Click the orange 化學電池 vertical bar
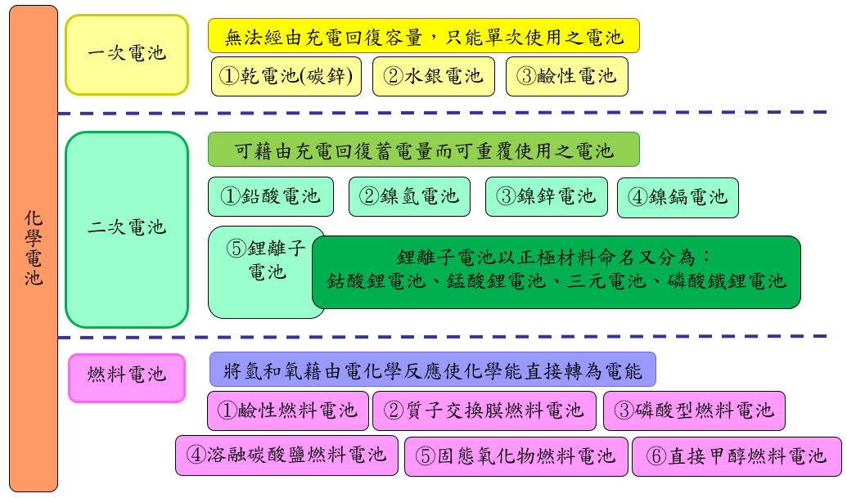tap(34, 249)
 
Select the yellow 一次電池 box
tap(127, 55)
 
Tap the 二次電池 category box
tap(127, 229)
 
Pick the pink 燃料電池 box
tap(127, 378)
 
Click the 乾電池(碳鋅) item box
tap(286, 76)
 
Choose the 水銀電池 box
tap(434, 76)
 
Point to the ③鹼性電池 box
tap(567, 76)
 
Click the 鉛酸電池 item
tap(271, 196)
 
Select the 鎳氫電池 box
tap(409, 196)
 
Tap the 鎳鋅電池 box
tap(547, 196)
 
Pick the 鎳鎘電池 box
tap(678, 197)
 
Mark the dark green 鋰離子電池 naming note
tap(556, 272)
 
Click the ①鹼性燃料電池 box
tap(288, 411)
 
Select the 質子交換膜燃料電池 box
tap(484, 411)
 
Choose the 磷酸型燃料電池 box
tap(694, 411)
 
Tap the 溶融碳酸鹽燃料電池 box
tap(287, 455)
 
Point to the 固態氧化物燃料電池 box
tap(516, 456)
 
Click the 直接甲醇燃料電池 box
tap(737, 456)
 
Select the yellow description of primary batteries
tap(424, 36)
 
